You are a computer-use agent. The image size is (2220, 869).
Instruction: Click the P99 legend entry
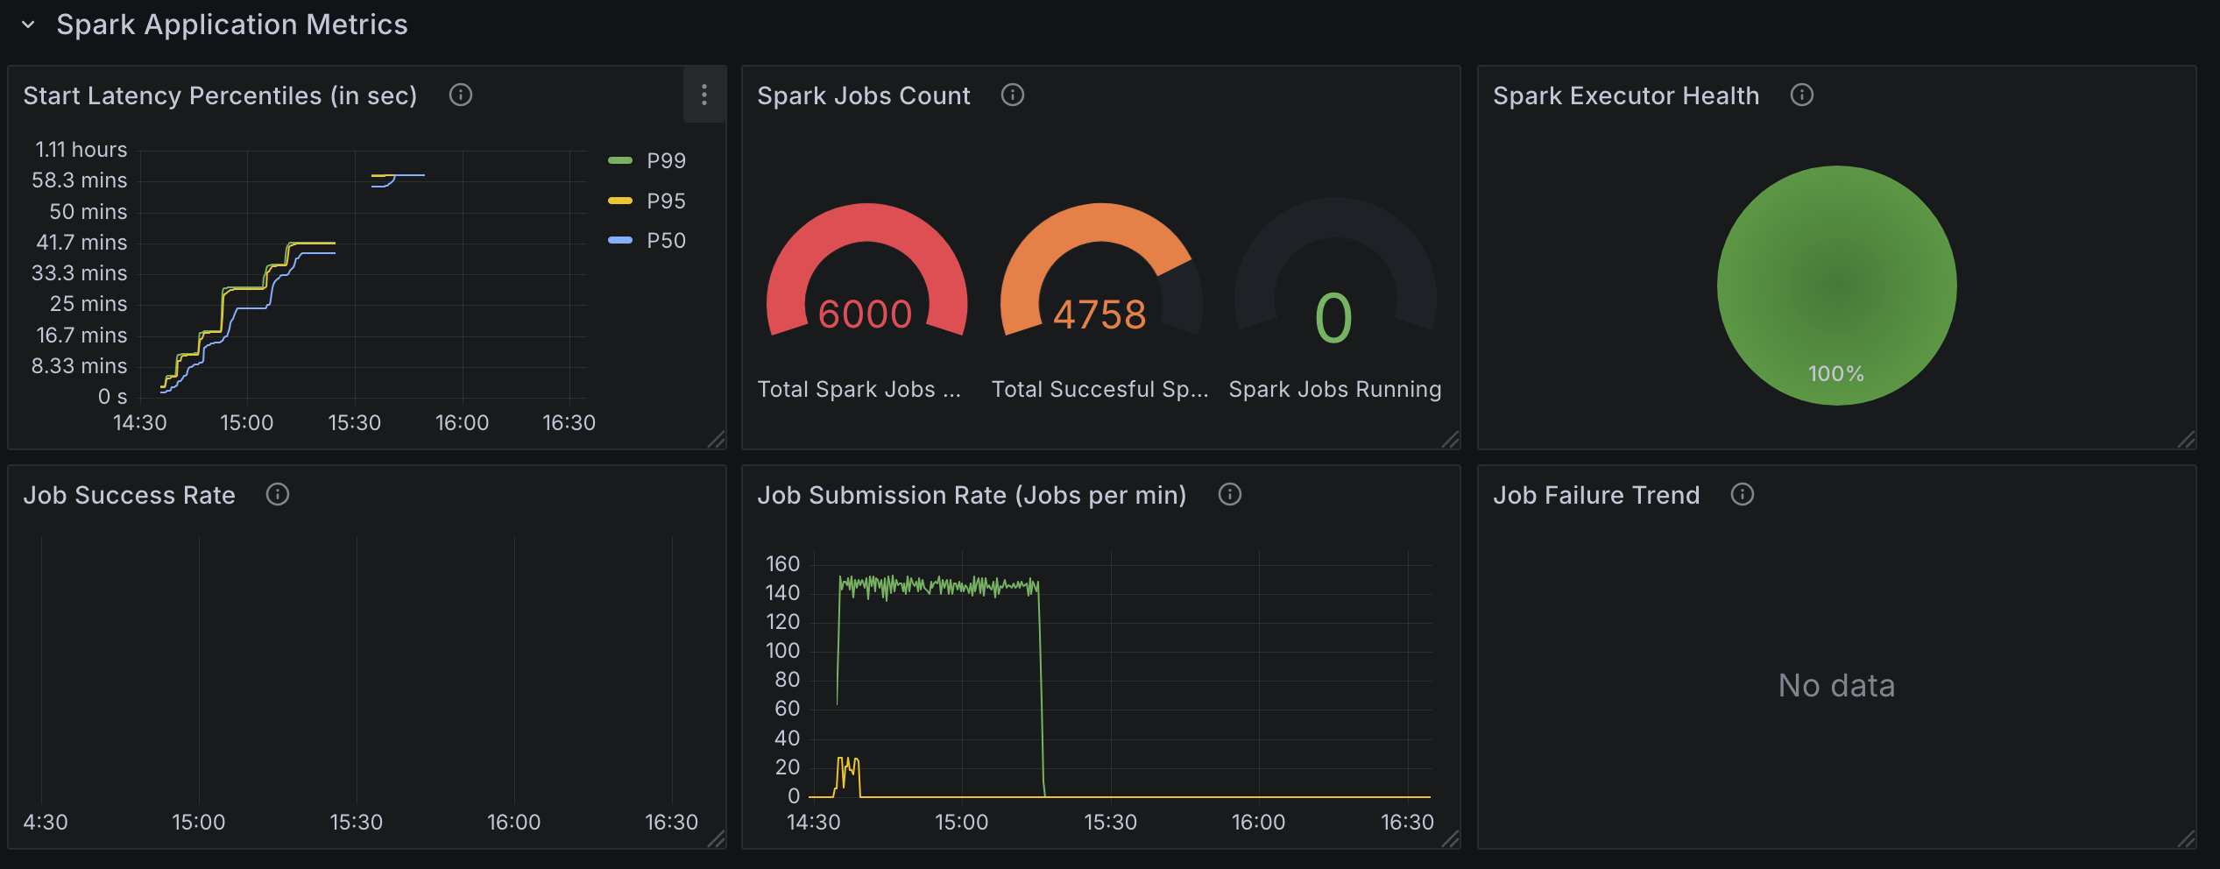tap(665, 161)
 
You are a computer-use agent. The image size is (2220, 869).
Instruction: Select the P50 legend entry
tap(665, 241)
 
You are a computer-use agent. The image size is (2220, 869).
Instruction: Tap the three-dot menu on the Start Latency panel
tap(704, 95)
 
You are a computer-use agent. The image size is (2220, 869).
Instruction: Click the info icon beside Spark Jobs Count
tap(1012, 95)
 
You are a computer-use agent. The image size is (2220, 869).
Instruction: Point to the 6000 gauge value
tap(865, 314)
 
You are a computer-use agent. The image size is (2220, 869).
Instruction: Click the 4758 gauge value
tap(1099, 314)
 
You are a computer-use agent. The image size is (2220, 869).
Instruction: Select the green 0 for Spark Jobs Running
tap(1333, 318)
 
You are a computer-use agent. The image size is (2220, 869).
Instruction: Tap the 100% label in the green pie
tap(1836, 374)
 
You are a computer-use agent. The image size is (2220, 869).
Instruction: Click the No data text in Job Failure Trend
tap(1836, 685)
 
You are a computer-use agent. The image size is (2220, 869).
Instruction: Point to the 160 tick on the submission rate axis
tap(782, 564)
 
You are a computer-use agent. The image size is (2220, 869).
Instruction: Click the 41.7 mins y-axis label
tap(81, 243)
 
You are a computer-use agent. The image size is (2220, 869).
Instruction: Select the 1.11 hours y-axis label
tap(81, 150)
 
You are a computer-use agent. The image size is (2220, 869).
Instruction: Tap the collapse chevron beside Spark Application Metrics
tap(28, 25)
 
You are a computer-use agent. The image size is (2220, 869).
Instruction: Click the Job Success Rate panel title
tap(129, 495)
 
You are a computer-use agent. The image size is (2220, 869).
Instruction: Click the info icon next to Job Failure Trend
tap(1742, 495)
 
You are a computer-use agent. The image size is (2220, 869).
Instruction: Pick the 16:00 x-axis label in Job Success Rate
tap(513, 823)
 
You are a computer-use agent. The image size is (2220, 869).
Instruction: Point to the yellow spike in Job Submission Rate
tap(847, 771)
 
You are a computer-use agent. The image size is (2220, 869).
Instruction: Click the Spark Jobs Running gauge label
tap(1334, 389)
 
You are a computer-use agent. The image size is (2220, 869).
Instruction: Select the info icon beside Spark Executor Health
tap(1801, 95)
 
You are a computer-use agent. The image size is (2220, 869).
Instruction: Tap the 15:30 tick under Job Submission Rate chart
tap(1110, 823)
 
